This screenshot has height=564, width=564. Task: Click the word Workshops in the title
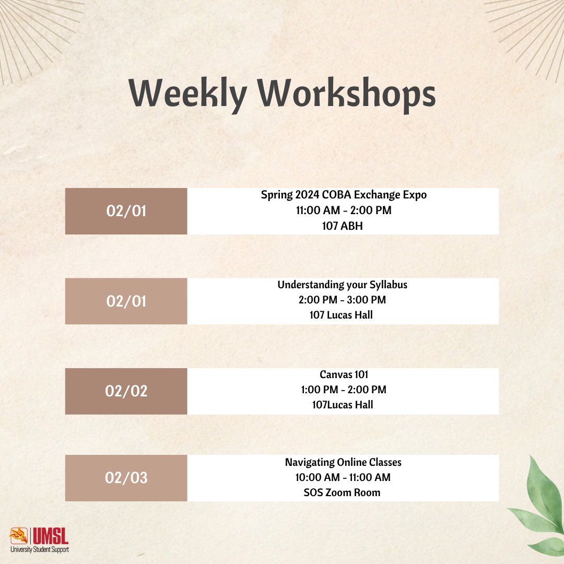(x=348, y=95)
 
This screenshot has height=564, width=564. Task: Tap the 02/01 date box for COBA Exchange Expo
(x=126, y=211)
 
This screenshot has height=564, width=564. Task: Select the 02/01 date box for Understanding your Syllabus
(x=126, y=301)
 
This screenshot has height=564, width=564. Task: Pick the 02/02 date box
(x=126, y=391)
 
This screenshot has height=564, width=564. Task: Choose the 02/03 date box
(x=126, y=478)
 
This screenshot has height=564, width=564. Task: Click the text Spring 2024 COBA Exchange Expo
(x=344, y=195)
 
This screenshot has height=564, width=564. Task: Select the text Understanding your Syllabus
(x=343, y=285)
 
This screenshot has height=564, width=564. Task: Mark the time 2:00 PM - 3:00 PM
(x=343, y=300)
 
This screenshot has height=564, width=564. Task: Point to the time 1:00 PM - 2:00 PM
(x=343, y=390)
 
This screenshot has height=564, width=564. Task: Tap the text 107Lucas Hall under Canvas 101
(x=343, y=405)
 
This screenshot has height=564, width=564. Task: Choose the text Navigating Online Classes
(x=343, y=462)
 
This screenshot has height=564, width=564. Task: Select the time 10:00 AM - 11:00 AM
(x=343, y=477)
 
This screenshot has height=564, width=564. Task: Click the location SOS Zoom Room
(x=343, y=492)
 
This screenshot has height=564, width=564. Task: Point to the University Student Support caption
(x=39, y=549)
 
